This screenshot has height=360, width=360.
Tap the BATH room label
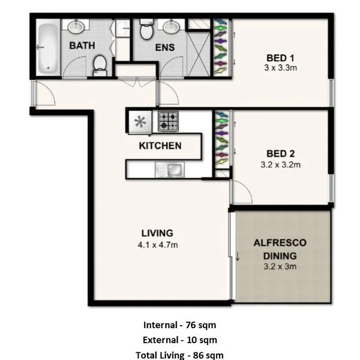coord(80,46)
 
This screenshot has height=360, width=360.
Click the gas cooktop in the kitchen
coord(168,122)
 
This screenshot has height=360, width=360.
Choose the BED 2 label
coord(281,152)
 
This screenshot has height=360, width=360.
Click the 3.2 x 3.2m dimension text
coord(281,163)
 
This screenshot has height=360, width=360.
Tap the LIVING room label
coord(157,233)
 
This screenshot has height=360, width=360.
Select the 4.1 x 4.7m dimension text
coord(157,244)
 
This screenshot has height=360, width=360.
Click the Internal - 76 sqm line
coord(179,325)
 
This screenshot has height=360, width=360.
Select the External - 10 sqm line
coord(179,340)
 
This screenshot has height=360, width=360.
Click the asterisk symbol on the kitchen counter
coord(140,122)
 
